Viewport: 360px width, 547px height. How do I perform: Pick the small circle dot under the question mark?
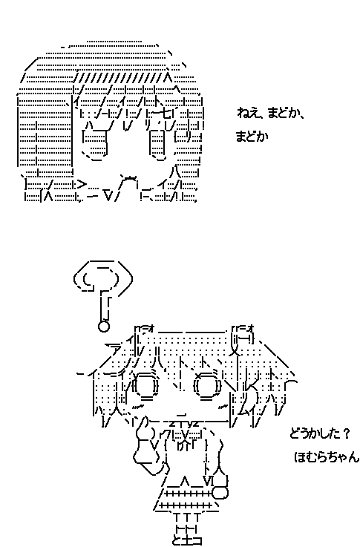pyautogui.click(x=104, y=324)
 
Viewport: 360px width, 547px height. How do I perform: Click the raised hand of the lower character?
pyautogui.click(x=146, y=453)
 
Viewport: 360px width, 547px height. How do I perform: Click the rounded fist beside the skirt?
pyautogui.click(x=220, y=491)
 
